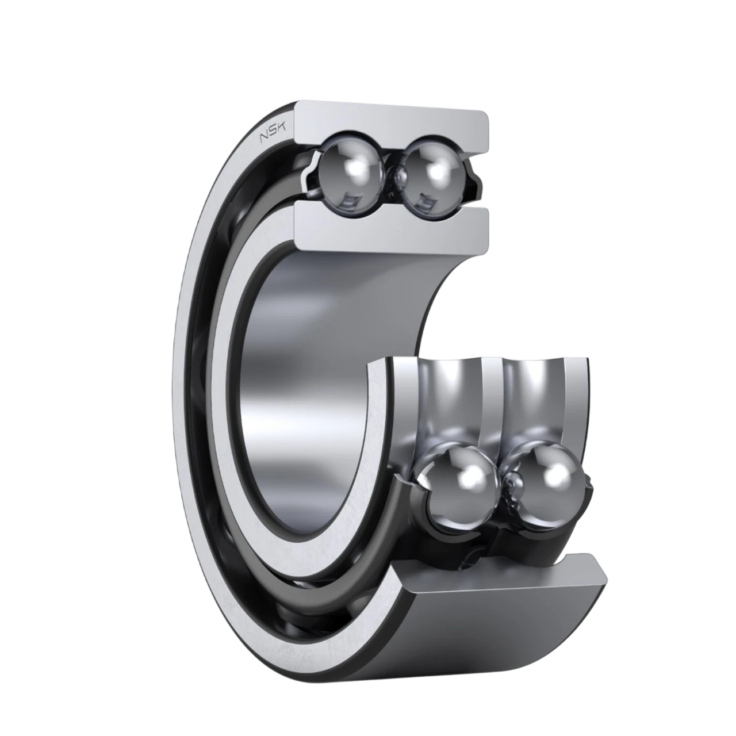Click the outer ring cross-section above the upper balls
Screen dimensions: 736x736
point(392,129)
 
